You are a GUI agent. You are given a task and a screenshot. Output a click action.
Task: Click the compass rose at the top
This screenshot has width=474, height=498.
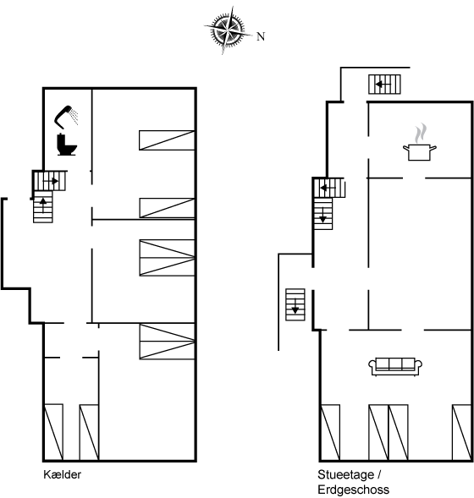(227, 30)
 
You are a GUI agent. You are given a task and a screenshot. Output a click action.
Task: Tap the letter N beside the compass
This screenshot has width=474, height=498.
(261, 36)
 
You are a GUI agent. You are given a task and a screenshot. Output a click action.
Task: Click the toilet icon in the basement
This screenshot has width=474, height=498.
(67, 145)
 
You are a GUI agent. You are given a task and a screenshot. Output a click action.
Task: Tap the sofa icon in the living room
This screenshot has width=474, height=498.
(395, 366)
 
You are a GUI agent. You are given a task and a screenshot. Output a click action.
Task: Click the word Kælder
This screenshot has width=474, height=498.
(63, 474)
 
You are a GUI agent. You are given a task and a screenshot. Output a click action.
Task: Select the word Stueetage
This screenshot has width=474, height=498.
(346, 475)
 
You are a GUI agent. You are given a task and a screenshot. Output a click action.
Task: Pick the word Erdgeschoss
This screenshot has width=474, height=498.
(354, 490)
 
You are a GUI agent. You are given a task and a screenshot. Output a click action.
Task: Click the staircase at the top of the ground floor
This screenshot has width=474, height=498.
(384, 85)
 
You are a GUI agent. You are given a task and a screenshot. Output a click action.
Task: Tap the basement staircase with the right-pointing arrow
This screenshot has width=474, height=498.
(50, 181)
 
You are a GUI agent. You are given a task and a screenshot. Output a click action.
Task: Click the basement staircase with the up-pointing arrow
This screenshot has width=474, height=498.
(43, 207)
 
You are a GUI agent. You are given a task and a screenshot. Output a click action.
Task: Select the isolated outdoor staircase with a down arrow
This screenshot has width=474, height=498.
(295, 304)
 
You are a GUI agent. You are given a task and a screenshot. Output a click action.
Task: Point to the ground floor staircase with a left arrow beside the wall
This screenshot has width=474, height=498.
(329, 188)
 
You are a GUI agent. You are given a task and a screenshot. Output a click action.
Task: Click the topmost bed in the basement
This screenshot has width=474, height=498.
(167, 140)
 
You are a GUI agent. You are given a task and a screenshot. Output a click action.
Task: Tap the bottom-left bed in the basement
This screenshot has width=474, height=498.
(53, 432)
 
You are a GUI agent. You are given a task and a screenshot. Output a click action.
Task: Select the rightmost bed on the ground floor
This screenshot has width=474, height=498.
(461, 432)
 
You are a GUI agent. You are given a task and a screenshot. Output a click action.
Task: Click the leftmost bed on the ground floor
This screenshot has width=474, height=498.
(330, 432)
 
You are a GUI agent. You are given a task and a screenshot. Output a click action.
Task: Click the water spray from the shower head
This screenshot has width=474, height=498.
(74, 117)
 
